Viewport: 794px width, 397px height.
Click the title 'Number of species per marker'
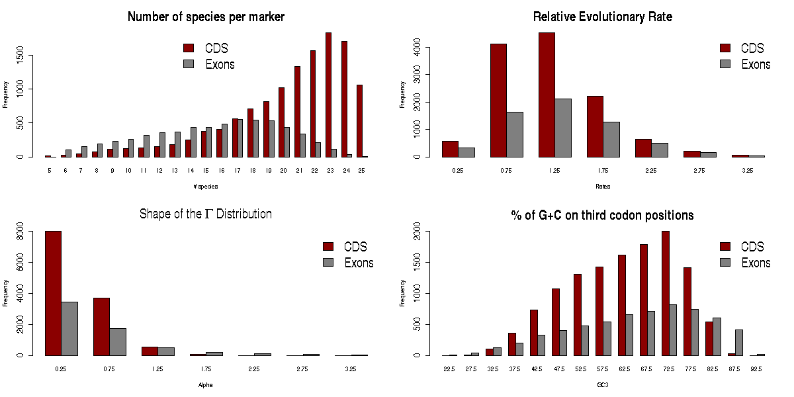[206, 17]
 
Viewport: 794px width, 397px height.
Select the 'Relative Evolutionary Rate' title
[602, 17]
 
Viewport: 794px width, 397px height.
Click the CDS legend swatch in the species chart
[189, 48]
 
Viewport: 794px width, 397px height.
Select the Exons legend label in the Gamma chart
[359, 263]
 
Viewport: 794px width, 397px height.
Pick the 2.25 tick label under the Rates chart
[643, 170]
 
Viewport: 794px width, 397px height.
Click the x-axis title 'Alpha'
[206, 384]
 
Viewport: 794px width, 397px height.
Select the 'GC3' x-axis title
[603, 384]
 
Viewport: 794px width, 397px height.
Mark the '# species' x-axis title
[206, 186]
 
